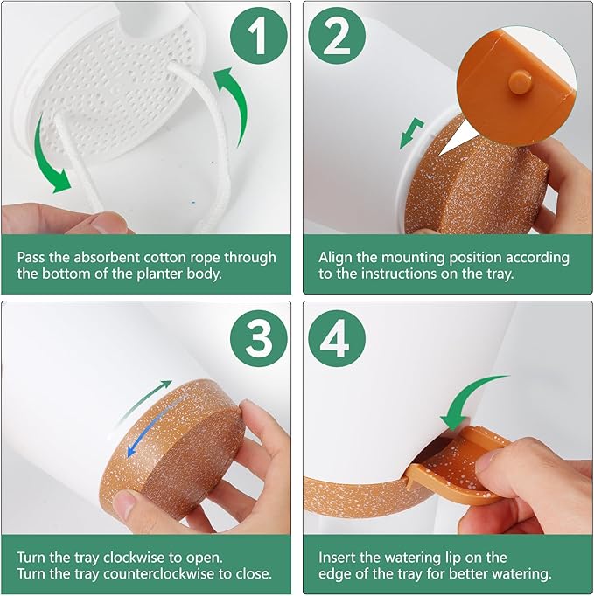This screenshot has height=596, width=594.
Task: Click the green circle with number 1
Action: click(259, 36)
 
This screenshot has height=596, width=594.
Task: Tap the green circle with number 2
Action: click(337, 36)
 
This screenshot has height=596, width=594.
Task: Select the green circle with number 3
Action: click(259, 338)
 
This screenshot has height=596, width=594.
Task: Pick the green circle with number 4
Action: click(337, 338)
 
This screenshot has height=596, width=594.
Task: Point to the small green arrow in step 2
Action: click(411, 134)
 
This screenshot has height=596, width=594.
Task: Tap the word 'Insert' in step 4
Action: click(337, 558)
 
